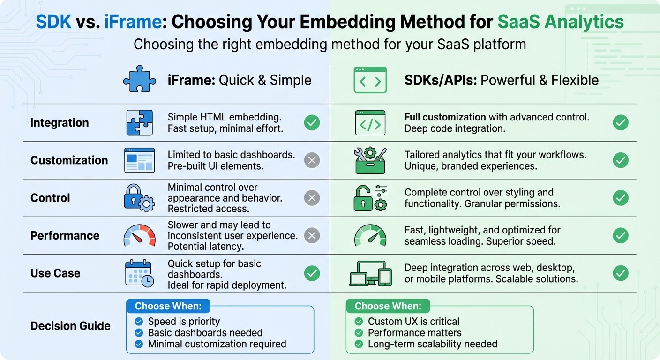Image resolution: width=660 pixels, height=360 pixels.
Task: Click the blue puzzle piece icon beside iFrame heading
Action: click(139, 80)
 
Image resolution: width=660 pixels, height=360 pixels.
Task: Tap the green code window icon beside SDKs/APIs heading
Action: click(370, 80)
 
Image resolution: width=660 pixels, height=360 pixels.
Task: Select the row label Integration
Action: click(60, 123)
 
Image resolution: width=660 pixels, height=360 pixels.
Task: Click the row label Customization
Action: click(69, 160)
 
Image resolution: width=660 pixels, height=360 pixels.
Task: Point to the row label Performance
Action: click(65, 235)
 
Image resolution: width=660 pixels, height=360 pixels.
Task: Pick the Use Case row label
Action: click(55, 273)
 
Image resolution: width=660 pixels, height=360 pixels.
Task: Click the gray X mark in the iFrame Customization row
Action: click(312, 160)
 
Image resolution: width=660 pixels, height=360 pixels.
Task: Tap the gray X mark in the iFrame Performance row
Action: click(312, 235)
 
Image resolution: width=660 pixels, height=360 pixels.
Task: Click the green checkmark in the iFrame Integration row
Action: click(312, 123)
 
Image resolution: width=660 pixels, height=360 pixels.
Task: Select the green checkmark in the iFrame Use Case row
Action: click(312, 273)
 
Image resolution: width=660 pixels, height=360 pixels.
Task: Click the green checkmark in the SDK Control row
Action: click(621, 198)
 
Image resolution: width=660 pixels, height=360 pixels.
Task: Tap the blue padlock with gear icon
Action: click(139, 197)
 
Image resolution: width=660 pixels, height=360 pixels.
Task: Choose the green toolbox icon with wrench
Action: click(370, 160)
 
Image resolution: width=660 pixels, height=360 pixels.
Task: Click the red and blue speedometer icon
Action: click(139, 235)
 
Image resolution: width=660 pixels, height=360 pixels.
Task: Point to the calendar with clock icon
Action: click(139, 273)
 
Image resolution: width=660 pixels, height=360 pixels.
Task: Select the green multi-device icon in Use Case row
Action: click(370, 273)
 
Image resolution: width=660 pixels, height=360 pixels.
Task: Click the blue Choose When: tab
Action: click(168, 306)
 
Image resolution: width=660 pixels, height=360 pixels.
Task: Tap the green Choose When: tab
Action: click(388, 306)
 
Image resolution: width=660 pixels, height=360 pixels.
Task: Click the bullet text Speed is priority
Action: click(184, 322)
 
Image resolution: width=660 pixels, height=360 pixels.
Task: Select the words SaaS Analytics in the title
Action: click(561, 22)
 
